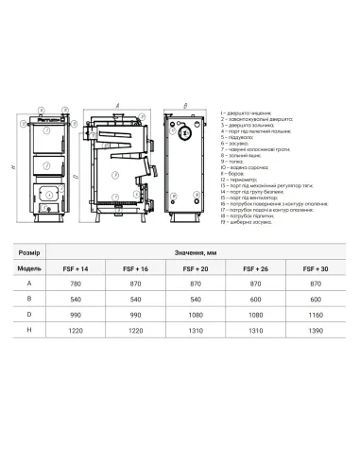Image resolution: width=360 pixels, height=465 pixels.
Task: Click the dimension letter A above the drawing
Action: pyautogui.click(x=116, y=104)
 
